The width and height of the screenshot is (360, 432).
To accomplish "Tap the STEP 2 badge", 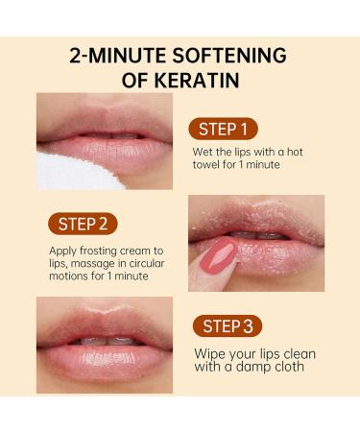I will (x=82, y=224).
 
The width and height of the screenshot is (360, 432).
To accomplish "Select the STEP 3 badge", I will (x=228, y=324).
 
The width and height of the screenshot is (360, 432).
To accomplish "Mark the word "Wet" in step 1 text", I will (x=204, y=154).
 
